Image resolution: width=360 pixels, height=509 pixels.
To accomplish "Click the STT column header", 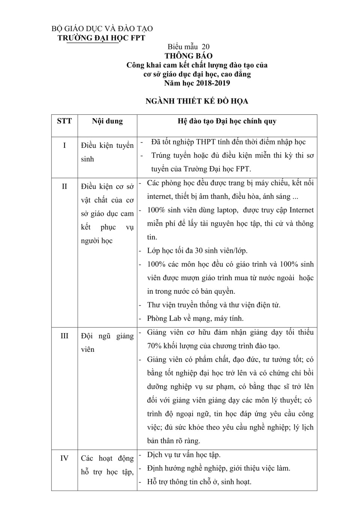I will point(64,121).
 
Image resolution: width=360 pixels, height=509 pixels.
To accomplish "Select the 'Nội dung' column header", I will point(107,121).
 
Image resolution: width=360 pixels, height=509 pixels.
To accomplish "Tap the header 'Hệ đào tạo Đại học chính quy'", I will point(227,121).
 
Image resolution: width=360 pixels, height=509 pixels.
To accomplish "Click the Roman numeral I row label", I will point(64,146).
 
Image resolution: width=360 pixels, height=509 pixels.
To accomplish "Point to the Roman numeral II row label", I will point(64,186).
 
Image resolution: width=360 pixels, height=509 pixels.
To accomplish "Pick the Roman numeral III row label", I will point(64,336).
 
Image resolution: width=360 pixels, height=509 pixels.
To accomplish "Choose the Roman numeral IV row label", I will point(64,458).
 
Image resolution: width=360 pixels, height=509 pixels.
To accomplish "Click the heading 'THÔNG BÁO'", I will point(189,56).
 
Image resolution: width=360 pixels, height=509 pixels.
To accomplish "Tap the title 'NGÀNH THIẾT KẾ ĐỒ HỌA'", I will point(197,101).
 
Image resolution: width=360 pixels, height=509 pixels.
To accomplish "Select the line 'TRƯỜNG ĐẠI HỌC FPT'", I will point(101,38).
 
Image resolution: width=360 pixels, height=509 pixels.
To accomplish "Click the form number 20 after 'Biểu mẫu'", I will point(205,47).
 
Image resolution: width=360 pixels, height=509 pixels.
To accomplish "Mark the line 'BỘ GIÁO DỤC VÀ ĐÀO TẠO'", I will point(102,29).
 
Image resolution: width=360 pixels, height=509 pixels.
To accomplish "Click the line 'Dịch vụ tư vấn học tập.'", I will point(184,455).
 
